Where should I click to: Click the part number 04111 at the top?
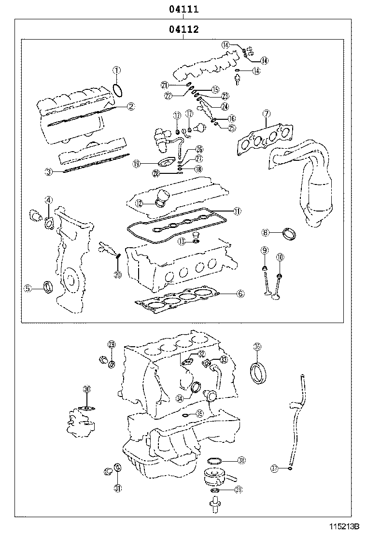(x=183, y=9)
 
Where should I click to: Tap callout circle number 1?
(x=116, y=71)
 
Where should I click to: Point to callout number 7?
(x=266, y=113)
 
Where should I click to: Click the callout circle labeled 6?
(x=240, y=293)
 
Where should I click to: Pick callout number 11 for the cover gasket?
(x=237, y=211)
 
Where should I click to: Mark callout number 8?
(x=265, y=233)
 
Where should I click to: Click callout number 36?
(x=257, y=346)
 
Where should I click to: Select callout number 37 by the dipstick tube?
(x=274, y=468)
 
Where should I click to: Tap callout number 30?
(x=87, y=389)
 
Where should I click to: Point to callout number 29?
(x=112, y=344)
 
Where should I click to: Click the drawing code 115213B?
(x=345, y=526)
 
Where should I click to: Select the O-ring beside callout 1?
(x=117, y=90)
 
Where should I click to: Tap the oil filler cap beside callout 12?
(x=162, y=197)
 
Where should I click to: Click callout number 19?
(x=137, y=164)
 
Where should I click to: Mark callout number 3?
(x=48, y=171)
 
